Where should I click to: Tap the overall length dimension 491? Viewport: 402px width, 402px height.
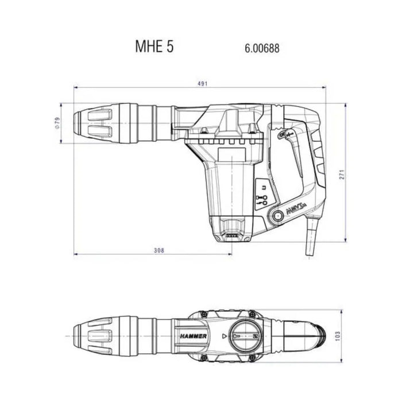[202, 84]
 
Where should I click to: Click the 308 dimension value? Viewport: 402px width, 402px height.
[160, 250]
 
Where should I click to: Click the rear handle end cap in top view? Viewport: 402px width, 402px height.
[324, 334]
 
